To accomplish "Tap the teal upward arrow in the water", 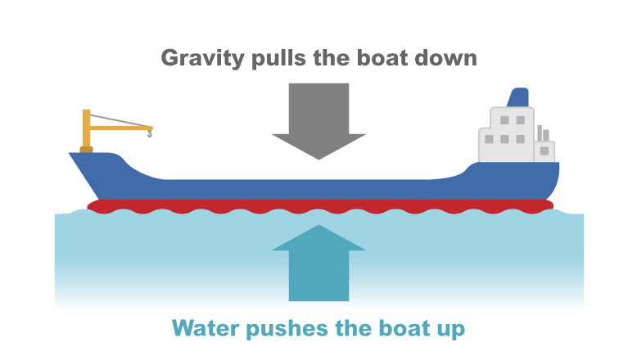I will click(318, 262).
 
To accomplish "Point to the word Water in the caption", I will click(204, 329).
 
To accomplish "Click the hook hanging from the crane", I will click(149, 133).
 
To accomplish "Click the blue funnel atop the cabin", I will click(518, 97).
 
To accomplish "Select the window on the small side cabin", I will click(544, 150).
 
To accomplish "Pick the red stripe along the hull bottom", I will click(319, 205).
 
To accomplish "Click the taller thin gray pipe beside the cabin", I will click(539, 133).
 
